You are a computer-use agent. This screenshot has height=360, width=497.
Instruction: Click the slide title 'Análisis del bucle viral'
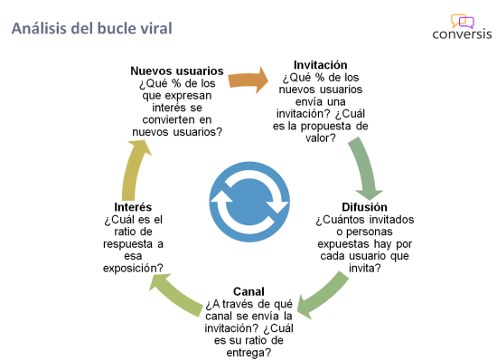91,28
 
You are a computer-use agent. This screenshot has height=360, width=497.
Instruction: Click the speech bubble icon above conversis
462,19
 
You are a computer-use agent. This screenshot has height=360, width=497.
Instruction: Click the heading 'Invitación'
321,64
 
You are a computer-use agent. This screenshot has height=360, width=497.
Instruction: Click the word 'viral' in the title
154,28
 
